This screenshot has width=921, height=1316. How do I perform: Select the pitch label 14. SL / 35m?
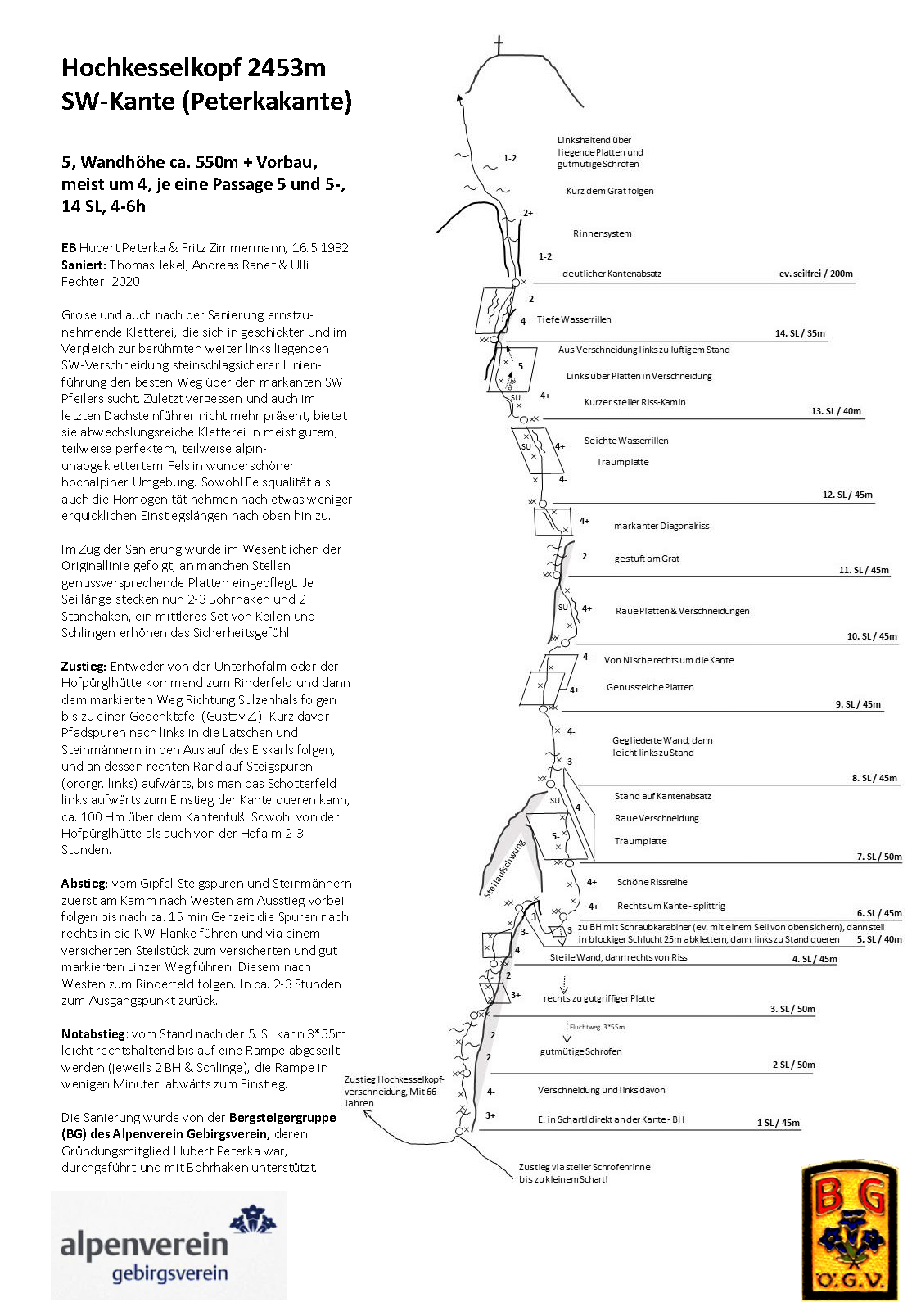[x=800, y=334]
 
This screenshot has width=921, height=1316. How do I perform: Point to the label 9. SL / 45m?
[x=858, y=704]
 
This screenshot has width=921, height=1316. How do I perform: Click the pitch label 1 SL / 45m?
[x=778, y=1123]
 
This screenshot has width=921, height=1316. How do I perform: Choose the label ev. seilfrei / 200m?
[x=815, y=274]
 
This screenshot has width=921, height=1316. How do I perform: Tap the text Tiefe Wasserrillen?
[x=574, y=319]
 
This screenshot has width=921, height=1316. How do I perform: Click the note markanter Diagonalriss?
[x=661, y=526]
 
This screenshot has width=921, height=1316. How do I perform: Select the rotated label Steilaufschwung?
[x=503, y=869]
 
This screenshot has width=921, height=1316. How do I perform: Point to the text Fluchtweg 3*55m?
[x=597, y=1027]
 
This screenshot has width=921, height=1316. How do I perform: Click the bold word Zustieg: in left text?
[x=84, y=667]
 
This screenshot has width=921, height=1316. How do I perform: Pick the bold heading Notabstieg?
[x=93, y=1034]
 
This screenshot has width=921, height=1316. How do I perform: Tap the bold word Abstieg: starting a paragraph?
[x=84, y=884]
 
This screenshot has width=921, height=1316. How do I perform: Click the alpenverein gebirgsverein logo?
[x=169, y=1245]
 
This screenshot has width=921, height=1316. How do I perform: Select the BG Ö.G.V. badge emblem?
[x=849, y=1232]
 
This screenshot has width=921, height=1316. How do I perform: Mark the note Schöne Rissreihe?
[x=652, y=882]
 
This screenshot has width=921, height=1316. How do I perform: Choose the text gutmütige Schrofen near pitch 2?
[x=580, y=1051]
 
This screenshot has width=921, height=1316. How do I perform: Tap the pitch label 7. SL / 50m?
[x=878, y=857]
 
